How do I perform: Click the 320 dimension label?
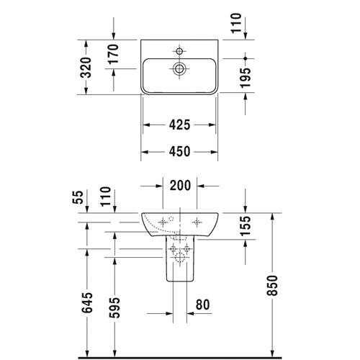coord(86,68)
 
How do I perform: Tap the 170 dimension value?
coord(113,54)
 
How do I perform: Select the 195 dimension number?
coord(246,78)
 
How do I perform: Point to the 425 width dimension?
coord(179,125)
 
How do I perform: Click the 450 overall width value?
coord(179,151)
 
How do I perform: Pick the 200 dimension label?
coord(180,186)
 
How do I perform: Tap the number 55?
coord(78,197)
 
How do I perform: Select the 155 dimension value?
coord(246,225)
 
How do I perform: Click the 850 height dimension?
coord(272,285)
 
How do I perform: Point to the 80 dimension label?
coord(203,305)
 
